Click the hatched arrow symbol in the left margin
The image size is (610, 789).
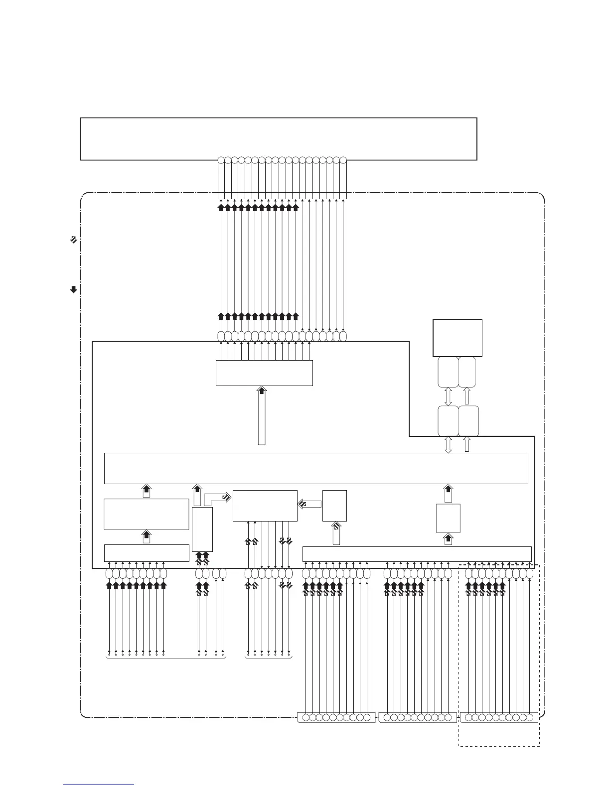[73, 240]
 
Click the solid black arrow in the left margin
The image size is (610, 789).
[73, 289]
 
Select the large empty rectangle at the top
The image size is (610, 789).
[279, 139]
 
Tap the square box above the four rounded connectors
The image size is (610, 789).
[457, 338]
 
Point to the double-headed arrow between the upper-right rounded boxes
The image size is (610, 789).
[448, 396]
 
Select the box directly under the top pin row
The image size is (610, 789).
[264, 373]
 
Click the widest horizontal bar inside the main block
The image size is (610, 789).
[315, 468]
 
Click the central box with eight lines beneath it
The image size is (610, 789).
[265, 506]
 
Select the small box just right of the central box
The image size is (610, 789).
[334, 506]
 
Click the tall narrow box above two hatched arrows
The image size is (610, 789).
[202, 529]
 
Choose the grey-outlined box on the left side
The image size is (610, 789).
[146, 514]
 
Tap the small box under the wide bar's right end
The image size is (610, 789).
[448, 518]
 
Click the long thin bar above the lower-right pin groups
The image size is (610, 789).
[417, 553]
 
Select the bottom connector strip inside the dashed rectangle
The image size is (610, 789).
[498, 718]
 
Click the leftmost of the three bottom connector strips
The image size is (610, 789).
[336, 718]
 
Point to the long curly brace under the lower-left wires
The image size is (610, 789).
[166, 658]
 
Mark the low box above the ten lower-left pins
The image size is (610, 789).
[146, 553]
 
